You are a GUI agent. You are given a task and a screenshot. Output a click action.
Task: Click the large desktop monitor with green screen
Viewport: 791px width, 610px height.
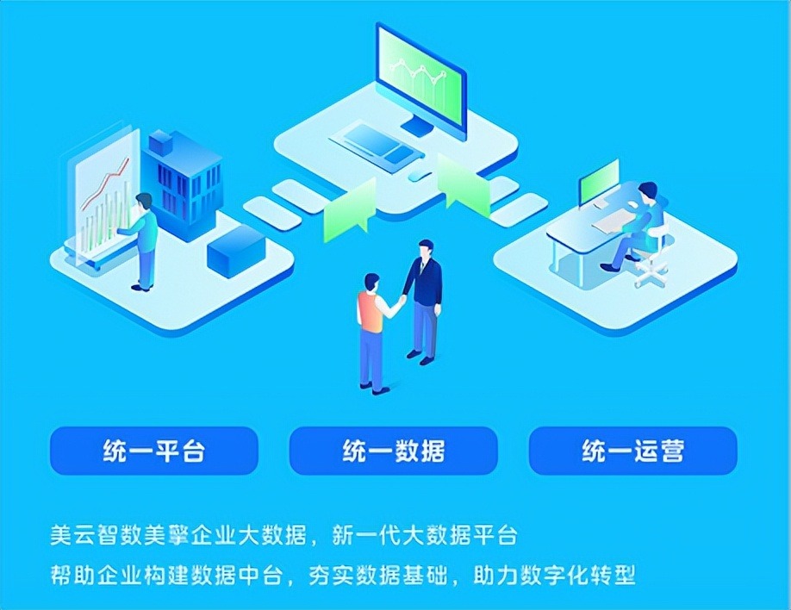pyautogui.click(x=421, y=81)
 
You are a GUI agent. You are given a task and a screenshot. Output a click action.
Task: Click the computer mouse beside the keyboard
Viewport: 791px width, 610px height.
pyautogui.click(x=420, y=175)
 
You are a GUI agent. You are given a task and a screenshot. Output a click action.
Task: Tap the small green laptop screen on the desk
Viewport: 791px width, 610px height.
pyautogui.click(x=599, y=182)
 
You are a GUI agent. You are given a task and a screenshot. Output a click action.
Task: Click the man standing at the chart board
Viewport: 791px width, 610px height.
pyautogui.click(x=141, y=241)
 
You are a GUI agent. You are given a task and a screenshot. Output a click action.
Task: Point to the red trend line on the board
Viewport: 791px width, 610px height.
pyautogui.click(x=105, y=184)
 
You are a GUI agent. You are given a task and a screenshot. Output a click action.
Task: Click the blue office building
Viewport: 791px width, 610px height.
pyautogui.click(x=183, y=184)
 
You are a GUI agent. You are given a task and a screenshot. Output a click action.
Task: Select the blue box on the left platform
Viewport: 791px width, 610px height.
pyautogui.click(x=236, y=248)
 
